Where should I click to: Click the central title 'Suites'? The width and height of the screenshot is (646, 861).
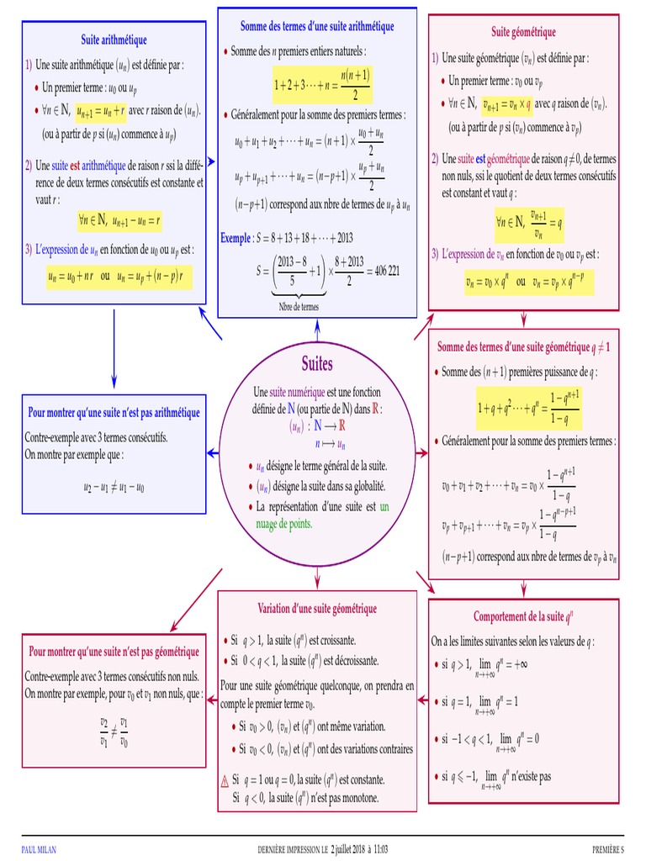pyautogui.click(x=317, y=364)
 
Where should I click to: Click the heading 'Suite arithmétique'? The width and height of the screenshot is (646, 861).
pyautogui.click(x=114, y=40)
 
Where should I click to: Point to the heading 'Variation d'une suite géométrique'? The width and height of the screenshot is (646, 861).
pyautogui.click(x=317, y=609)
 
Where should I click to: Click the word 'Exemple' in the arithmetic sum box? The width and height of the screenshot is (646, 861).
pyautogui.click(x=236, y=238)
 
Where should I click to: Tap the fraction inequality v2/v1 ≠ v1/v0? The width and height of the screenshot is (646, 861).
pyautogui.click(x=114, y=732)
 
